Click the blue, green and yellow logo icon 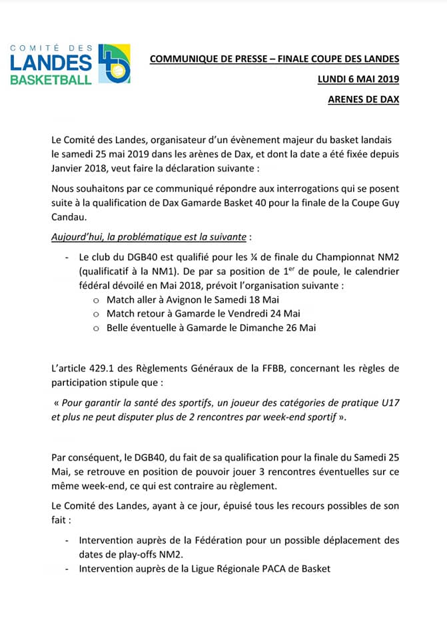click(114, 64)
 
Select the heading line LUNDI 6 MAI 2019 click(358, 80)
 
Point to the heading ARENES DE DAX click(364, 101)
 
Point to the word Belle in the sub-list click(121, 327)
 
